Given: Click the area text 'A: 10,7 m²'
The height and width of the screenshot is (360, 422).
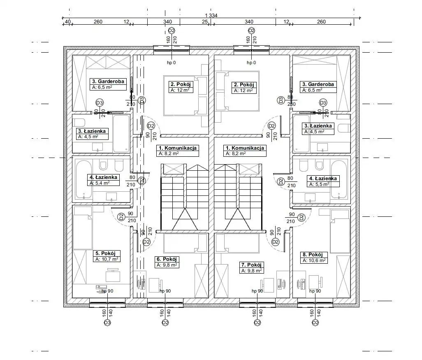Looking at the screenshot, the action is coord(107,259).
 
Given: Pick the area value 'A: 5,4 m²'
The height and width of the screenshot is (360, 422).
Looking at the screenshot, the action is coord(99,183).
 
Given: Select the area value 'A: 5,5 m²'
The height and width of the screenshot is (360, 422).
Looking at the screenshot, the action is coord(319,184).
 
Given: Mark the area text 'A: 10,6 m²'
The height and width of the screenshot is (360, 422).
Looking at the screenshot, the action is coord(314,261).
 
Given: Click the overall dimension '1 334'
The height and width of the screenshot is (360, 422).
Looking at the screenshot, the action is coord(211,15).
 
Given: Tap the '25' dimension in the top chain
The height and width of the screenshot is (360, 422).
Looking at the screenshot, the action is coord(204,21).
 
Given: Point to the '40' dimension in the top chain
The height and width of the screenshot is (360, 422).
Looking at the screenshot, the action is coord(67,21).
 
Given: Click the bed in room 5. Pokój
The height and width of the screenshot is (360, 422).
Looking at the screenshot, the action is coord(82,228).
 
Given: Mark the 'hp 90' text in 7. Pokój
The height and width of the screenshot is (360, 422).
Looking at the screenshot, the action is coord(257,291).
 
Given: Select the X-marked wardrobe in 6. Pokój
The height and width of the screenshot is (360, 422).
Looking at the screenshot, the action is coord(201,281).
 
